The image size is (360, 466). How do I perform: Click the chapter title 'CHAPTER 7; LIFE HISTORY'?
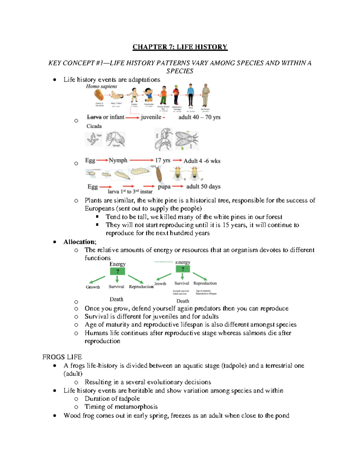pyautogui.click(x=180, y=47)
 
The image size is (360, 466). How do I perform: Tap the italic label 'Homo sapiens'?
pyautogui.click(x=101, y=86)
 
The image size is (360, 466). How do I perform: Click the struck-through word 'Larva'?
pyautogui.click(x=94, y=117)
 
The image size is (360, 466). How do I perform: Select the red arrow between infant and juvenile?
pyautogui.click(x=132, y=118)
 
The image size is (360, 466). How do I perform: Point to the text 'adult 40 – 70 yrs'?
pyautogui.click(x=199, y=117)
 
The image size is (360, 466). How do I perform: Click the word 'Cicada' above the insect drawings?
pyautogui.click(x=94, y=126)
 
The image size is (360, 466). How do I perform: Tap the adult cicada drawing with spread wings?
pyautogui.click(x=187, y=140)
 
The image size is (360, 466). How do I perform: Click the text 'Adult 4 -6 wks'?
pyautogui.click(x=202, y=161)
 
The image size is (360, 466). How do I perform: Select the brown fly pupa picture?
pyautogui.click(x=159, y=174)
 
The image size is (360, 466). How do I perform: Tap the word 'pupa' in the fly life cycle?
pyautogui.click(x=164, y=187)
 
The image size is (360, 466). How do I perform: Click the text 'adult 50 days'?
pyautogui.click(x=203, y=187)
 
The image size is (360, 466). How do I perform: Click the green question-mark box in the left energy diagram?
pyautogui.click(x=117, y=271)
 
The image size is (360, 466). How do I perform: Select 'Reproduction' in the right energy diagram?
pyautogui.click(x=205, y=283)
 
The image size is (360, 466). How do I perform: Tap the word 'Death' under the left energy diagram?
pyautogui.click(x=116, y=299)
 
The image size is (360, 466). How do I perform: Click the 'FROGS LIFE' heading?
pyautogui.click(x=62, y=357)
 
